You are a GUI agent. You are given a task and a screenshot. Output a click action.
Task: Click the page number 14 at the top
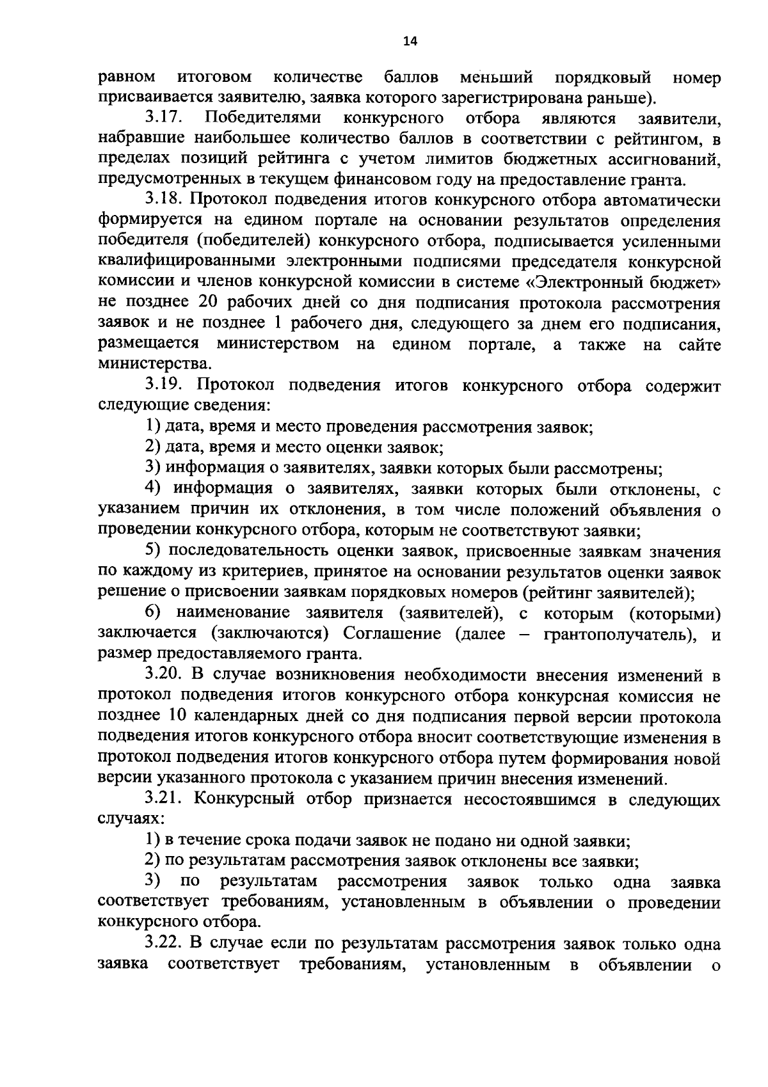[410, 42]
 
